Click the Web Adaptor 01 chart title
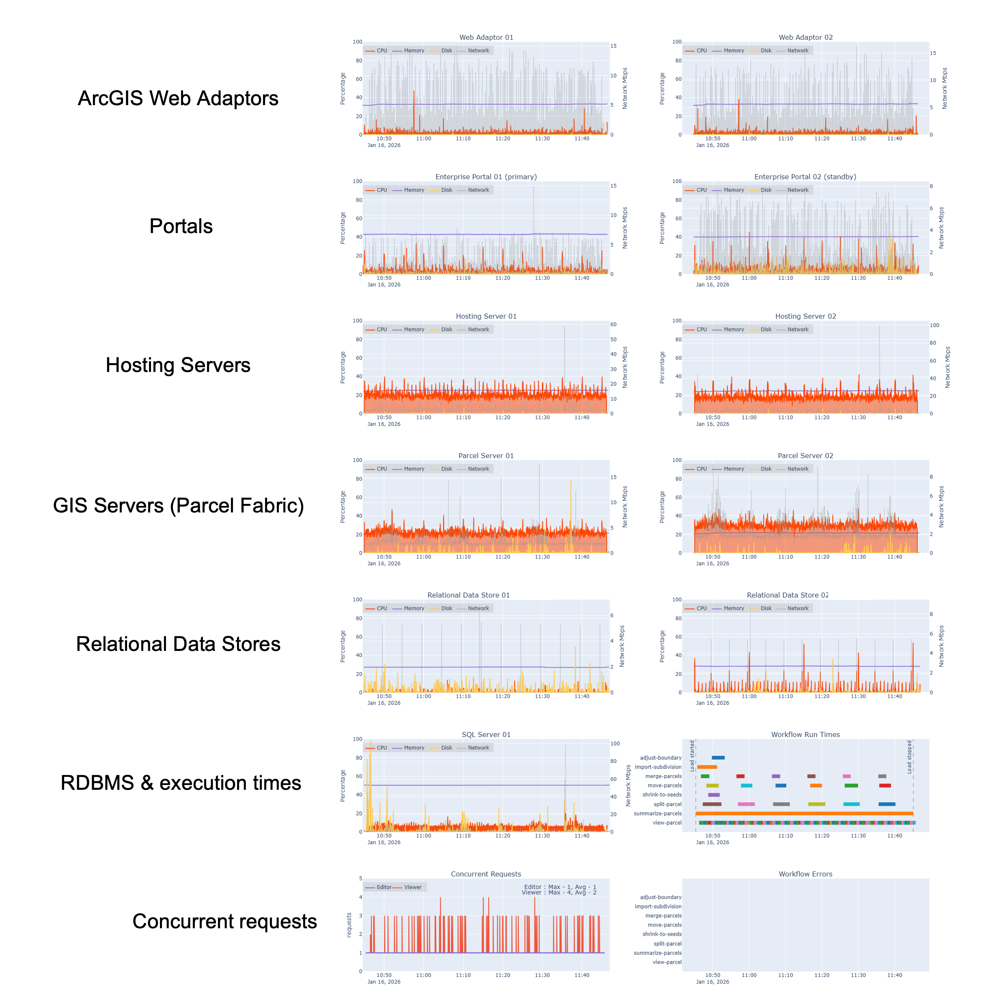click(x=486, y=37)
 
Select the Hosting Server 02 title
click(x=805, y=316)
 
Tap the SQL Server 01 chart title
click(x=486, y=735)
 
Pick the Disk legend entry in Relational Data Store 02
click(x=766, y=608)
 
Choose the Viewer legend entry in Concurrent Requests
click(x=412, y=887)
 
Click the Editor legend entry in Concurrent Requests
click(x=384, y=887)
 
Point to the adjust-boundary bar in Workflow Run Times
click(x=718, y=757)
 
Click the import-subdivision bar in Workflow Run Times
click(x=707, y=767)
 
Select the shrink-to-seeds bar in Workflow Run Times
click(x=714, y=795)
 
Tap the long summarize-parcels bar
click(x=804, y=813)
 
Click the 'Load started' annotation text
click(x=692, y=756)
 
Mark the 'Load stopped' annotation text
click(x=910, y=757)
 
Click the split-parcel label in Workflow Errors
click(x=667, y=944)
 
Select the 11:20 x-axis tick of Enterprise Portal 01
click(x=503, y=278)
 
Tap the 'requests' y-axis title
click(x=349, y=925)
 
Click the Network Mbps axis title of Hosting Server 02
click(x=947, y=367)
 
